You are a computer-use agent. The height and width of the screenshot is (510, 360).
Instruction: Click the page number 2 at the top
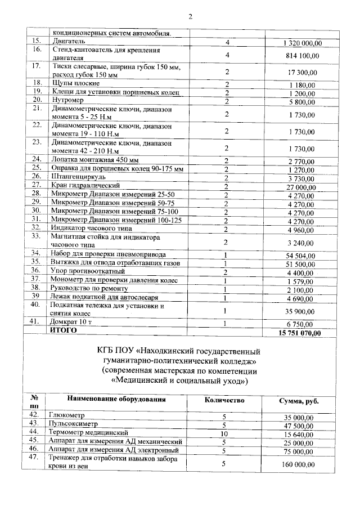[x=190, y=16]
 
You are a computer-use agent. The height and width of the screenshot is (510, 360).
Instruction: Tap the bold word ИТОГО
[x=64, y=331]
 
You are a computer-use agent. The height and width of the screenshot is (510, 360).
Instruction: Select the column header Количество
[x=224, y=400]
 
